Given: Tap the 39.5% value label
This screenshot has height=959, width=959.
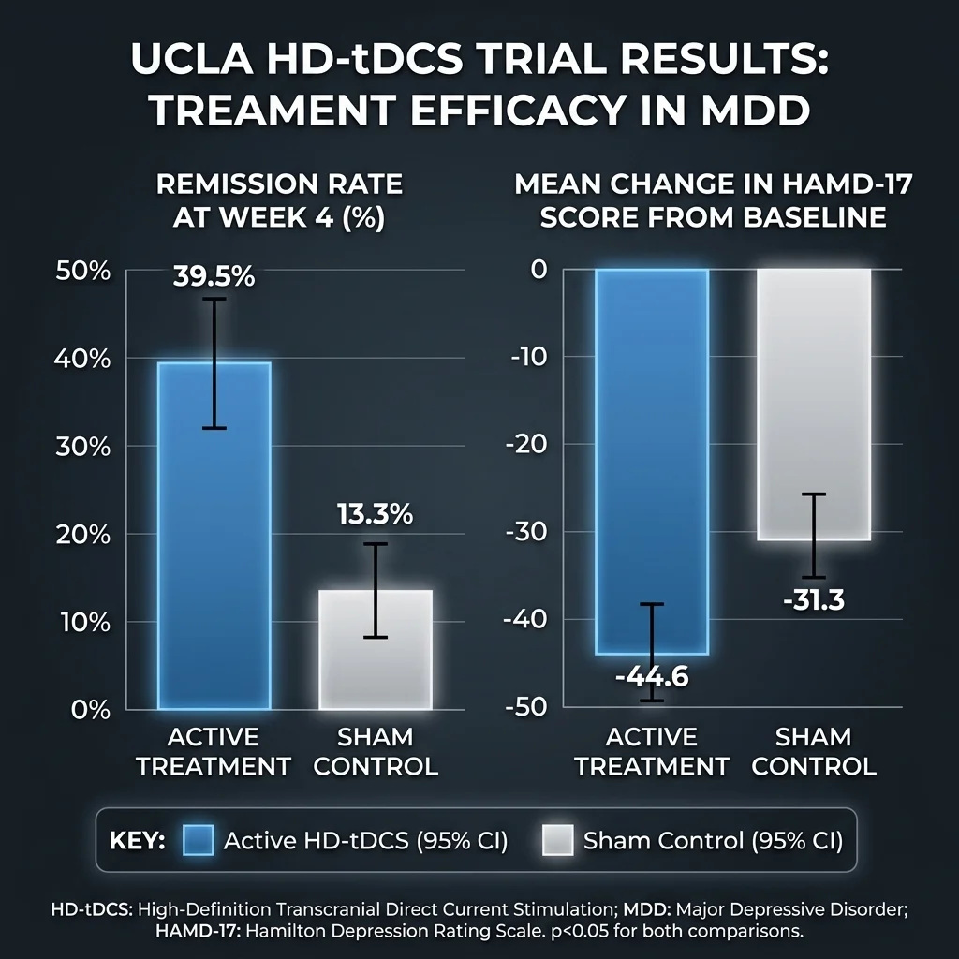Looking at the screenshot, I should [x=214, y=277].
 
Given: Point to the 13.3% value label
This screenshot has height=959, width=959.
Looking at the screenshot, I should [x=375, y=514].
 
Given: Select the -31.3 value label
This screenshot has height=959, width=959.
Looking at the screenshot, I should [x=813, y=598].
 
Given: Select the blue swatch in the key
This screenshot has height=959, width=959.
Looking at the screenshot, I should [x=198, y=840].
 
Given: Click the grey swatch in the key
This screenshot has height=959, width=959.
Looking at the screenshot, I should [x=557, y=840].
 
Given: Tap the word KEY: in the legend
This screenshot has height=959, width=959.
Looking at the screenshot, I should [x=137, y=841].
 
